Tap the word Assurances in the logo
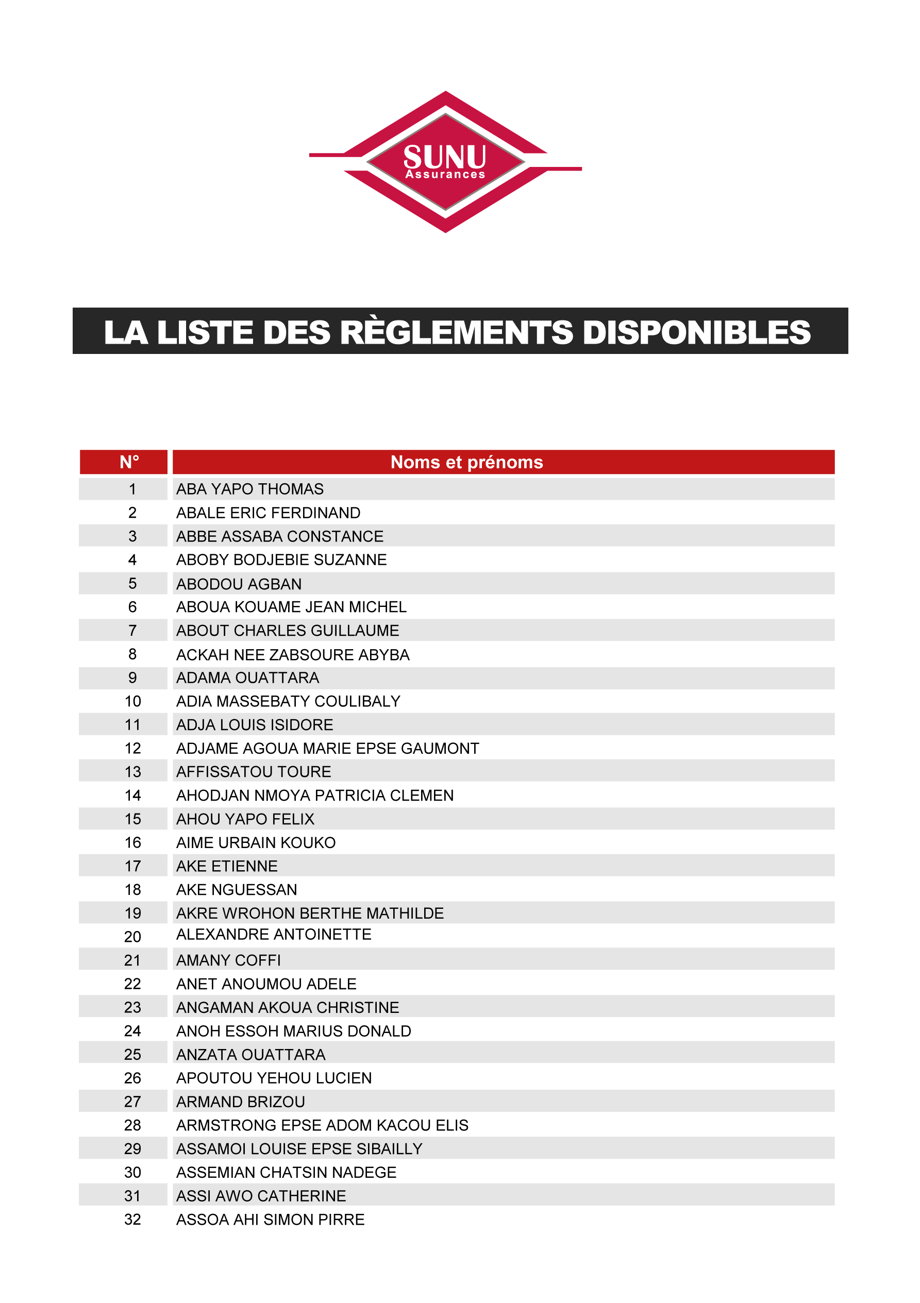[x=445, y=175]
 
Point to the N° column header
[x=129, y=462]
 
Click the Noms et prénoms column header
[x=466, y=462]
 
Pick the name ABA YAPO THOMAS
[x=250, y=489]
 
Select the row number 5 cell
[x=132, y=583]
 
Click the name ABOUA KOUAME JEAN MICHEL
[x=291, y=607]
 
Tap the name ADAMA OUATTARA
[x=247, y=678]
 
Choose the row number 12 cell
[x=132, y=749]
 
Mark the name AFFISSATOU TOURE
[x=254, y=772]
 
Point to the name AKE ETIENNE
[x=227, y=866]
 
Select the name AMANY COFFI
[x=228, y=960]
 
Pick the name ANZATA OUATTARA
[x=250, y=1055]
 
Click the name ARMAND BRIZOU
[x=241, y=1102]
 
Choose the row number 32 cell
[x=132, y=1220]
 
